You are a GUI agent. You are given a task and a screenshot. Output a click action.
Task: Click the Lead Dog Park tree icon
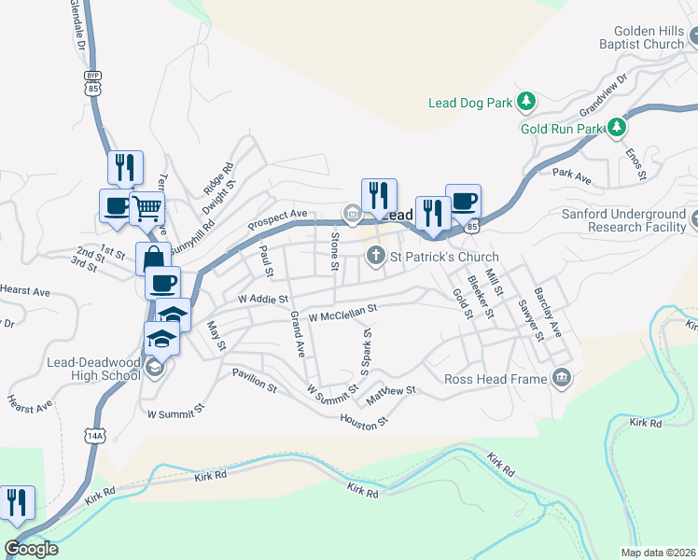[526, 101]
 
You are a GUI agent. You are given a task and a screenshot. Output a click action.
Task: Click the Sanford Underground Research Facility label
[623, 220]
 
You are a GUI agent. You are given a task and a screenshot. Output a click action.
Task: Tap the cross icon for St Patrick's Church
[376, 255]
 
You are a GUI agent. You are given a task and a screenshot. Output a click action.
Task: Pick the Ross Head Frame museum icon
[562, 377]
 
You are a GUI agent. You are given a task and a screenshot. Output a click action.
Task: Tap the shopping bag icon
[153, 257]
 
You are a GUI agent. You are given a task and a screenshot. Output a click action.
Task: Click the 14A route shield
[94, 435]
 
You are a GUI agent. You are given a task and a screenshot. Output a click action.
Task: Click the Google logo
[31, 549]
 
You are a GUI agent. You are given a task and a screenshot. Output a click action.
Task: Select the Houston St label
[364, 423]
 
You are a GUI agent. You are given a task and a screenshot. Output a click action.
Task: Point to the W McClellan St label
[342, 312]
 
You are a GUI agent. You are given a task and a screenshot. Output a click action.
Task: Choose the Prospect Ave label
[277, 220]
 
